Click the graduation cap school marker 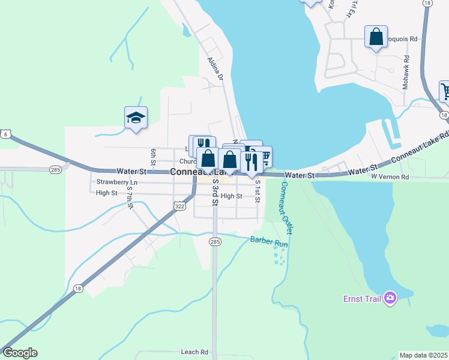[136, 118]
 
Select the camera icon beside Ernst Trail [391, 298]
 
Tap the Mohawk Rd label [406, 73]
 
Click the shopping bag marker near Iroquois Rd [376, 37]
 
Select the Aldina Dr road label [215, 69]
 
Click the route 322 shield [179, 206]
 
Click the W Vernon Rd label [390, 177]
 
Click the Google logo [19, 353]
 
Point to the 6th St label [154, 157]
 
